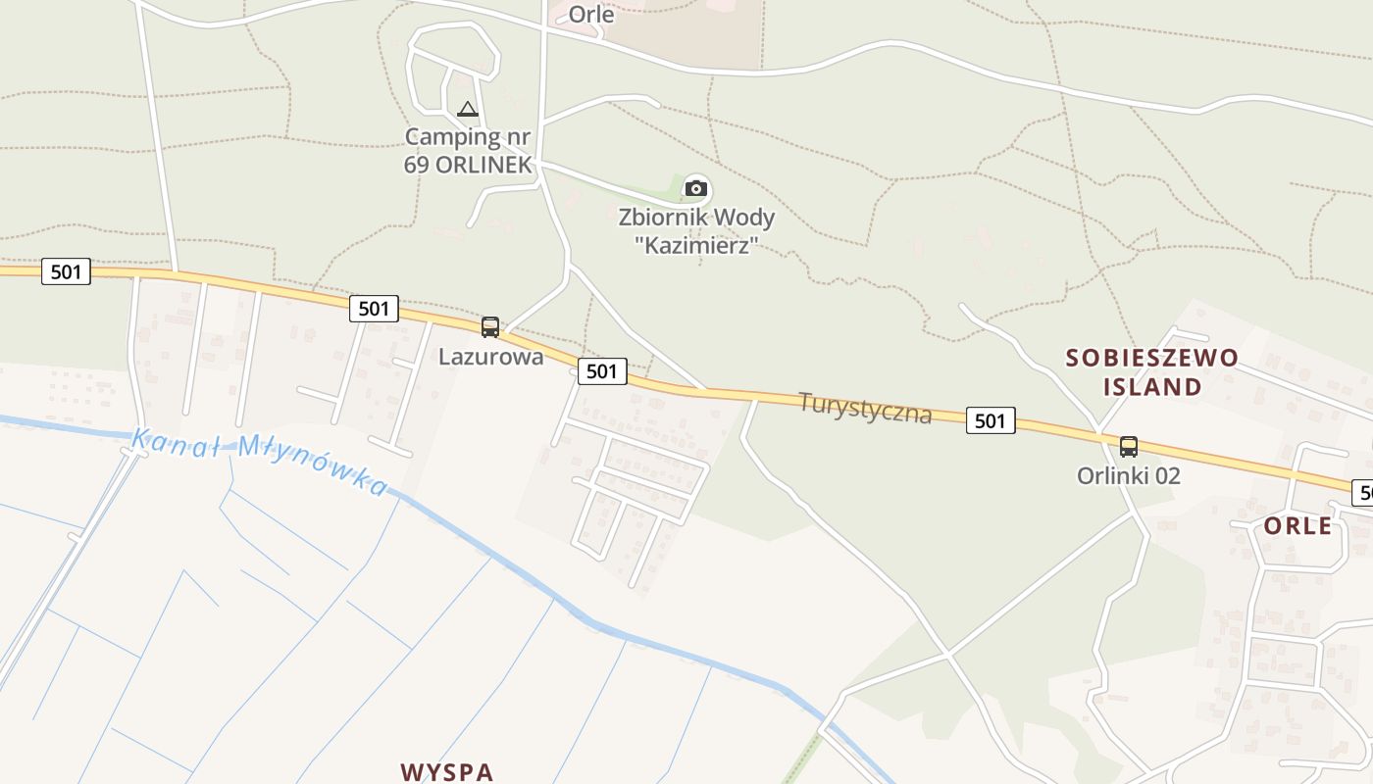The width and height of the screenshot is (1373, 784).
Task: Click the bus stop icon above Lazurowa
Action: coord(490,327)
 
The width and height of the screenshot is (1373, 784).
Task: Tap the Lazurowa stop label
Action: coord(490,357)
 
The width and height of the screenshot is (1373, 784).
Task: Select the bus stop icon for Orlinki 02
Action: coord(1129,447)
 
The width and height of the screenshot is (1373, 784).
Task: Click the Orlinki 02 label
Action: coord(1129,476)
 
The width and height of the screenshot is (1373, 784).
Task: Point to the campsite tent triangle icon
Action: coord(468,109)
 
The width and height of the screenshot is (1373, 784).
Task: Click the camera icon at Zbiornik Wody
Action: coord(696,188)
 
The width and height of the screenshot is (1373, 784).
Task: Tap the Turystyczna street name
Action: coord(865,407)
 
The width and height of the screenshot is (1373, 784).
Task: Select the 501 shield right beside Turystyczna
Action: coord(991,420)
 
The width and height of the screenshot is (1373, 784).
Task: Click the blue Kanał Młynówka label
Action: coord(260,461)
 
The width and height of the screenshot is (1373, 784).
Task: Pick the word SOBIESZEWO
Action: coord(1152,358)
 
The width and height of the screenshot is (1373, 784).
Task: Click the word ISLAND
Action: coord(1152,386)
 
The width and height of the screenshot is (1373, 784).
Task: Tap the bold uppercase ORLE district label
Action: coord(1297,526)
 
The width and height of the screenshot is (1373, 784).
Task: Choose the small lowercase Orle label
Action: coord(591,15)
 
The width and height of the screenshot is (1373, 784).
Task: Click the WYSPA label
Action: coord(447,771)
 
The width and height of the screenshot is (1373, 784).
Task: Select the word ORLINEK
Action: coord(484,164)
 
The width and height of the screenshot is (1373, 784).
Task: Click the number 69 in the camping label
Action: coord(418,164)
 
